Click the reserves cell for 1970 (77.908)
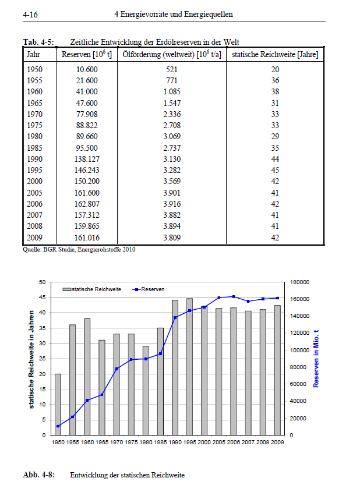click(87, 114)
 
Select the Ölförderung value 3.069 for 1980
click(172, 136)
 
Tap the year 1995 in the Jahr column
click(34, 170)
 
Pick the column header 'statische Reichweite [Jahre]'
click(275, 55)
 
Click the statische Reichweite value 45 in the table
click(275, 170)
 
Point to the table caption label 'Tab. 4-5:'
click(38, 42)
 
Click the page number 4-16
click(30, 15)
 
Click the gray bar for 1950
click(58, 404)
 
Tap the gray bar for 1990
click(175, 367)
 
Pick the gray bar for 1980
click(146, 390)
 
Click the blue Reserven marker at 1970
click(117, 369)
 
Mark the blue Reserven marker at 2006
click(234, 296)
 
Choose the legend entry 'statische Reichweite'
click(92, 289)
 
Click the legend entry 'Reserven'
click(149, 289)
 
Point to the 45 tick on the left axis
click(42, 298)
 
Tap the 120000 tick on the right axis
click(299, 333)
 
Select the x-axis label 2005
click(218, 442)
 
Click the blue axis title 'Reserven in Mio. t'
click(316, 359)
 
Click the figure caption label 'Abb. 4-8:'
click(38, 475)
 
